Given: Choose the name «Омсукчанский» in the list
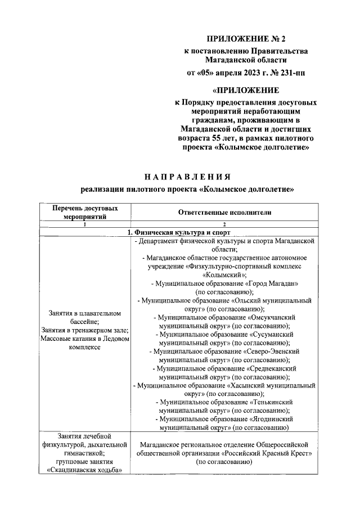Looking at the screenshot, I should point(277,318).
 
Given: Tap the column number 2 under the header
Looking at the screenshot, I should point(224,223).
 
